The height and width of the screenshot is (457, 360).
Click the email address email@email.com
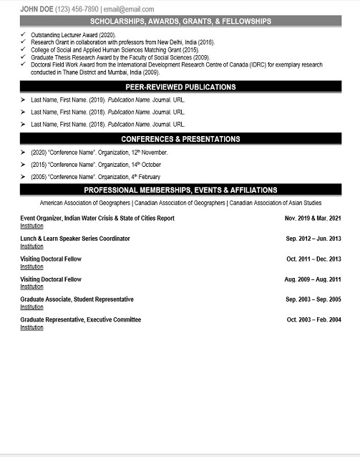pos(129,9)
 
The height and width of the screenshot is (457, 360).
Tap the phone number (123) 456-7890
pos(81,9)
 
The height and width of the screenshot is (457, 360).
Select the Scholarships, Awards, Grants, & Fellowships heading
pos(180,21)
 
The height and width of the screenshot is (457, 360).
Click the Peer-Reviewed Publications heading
pos(180,87)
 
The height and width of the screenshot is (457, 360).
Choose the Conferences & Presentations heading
pos(180,139)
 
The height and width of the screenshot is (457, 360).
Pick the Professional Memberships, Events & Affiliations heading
pos(180,190)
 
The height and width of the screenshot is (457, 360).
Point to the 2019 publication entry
pos(108,100)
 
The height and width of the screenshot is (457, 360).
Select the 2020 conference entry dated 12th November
pos(99,153)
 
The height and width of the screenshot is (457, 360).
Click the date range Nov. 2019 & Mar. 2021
pos(313,218)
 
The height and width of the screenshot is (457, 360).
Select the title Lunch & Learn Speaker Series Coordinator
pos(75,239)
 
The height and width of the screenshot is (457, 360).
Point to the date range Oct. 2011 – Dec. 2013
pos(313,259)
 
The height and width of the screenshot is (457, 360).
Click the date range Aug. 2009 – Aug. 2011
pos(313,279)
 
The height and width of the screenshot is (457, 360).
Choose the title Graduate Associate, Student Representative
pos(77,299)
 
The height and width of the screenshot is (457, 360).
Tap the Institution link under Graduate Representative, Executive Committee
pos(31,327)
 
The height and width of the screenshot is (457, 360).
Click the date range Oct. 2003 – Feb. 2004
pos(313,319)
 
